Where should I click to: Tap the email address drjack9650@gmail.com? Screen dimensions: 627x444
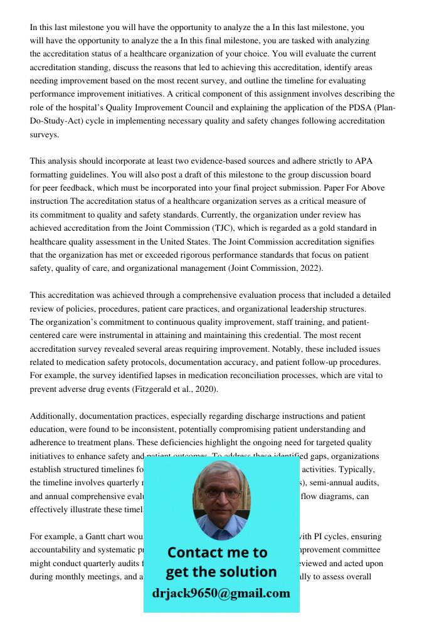click(221, 593)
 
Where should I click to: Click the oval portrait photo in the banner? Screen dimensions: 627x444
click(221, 500)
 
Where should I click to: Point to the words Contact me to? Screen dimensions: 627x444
click(217, 552)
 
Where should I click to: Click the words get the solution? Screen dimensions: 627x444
click(221, 572)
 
